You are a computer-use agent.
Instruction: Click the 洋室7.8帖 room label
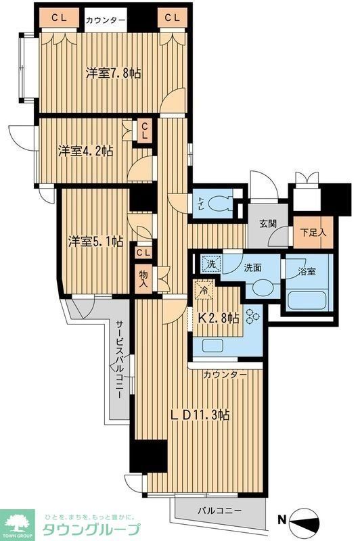point(113,73)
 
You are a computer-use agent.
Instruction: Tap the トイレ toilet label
point(202,201)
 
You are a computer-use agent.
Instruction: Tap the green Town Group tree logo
point(20,522)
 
